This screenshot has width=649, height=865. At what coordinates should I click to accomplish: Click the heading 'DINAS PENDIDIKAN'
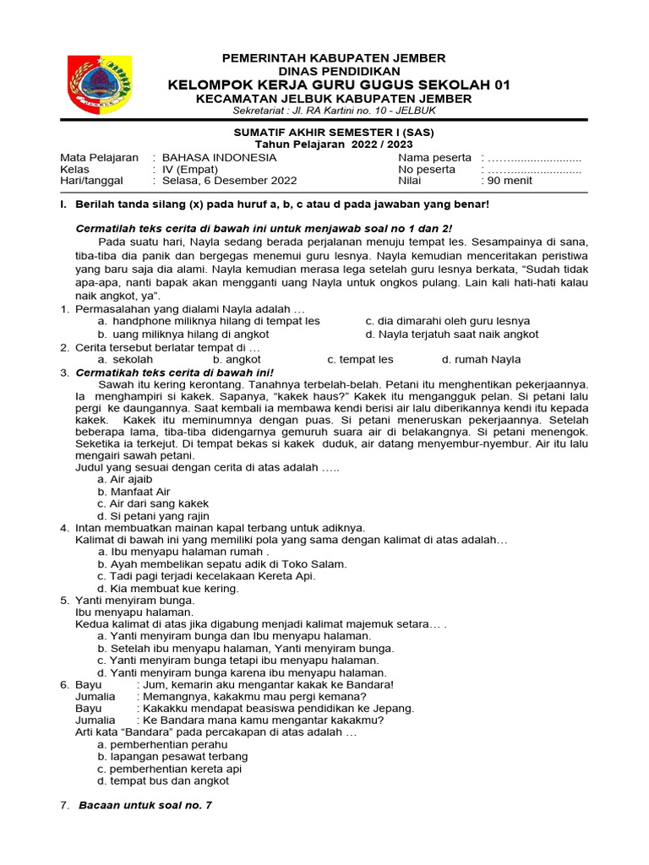333,72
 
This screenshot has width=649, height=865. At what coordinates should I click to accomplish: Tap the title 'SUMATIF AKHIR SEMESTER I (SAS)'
334,133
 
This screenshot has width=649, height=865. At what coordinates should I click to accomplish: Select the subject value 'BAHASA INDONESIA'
219,157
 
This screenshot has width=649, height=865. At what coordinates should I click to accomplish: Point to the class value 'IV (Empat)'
190,169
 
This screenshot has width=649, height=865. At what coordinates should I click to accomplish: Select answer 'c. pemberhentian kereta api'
170,769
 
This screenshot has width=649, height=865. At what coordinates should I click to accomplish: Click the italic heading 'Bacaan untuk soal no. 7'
145,805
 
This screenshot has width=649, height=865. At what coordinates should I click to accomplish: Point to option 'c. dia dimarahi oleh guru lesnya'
447,321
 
